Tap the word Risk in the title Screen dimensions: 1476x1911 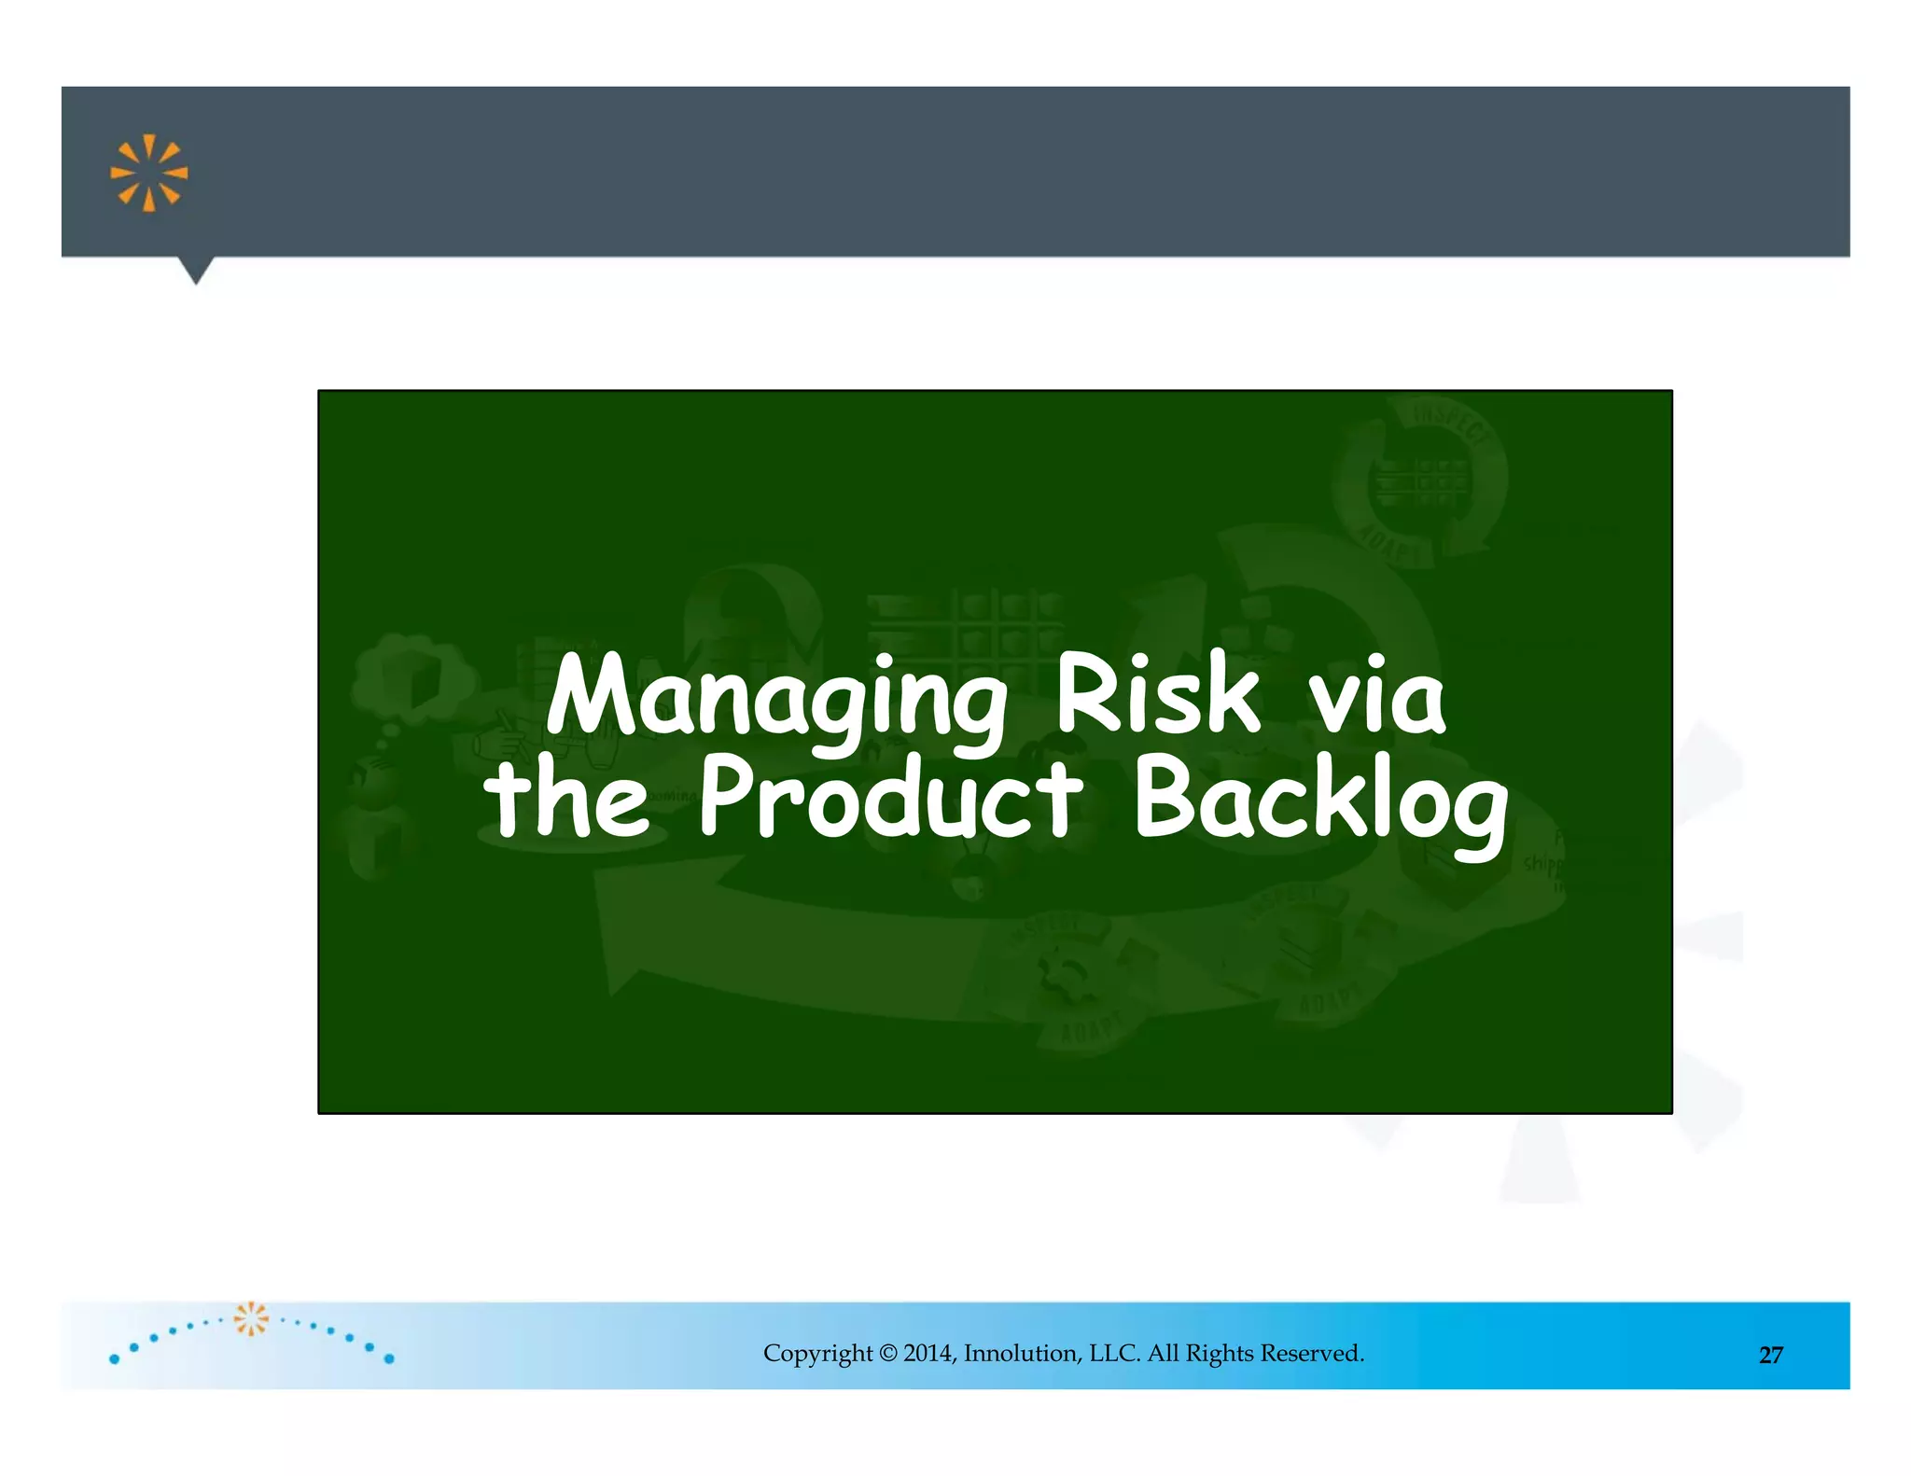1157,695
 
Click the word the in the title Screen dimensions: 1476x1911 566,798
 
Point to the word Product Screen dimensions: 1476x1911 890,798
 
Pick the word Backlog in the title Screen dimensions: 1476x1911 1319,802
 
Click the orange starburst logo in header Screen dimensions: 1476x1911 149,174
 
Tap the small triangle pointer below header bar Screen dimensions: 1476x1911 196,271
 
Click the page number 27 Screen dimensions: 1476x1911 1770,1356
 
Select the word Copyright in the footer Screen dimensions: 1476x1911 817,1354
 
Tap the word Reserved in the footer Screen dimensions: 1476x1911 1312,1353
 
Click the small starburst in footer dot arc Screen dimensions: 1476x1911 251,1318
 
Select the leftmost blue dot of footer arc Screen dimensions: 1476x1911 115,1359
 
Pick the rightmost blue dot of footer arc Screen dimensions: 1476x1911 389,1358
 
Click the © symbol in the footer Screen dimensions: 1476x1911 887,1353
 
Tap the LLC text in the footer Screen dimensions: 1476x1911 1114,1353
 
